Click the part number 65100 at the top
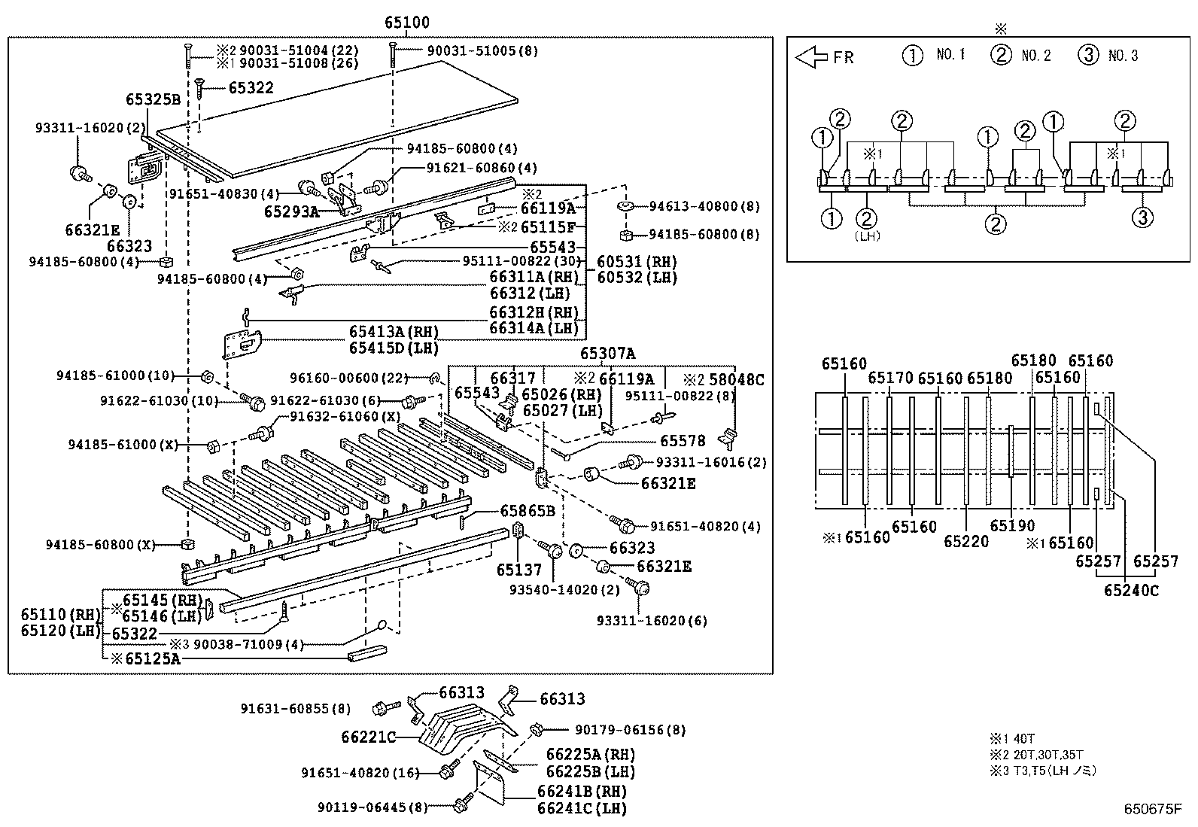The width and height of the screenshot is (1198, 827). click(x=407, y=23)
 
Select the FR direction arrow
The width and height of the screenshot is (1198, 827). click(x=811, y=56)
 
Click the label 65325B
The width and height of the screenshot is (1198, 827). click(x=153, y=99)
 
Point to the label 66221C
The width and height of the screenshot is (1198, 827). click(x=368, y=737)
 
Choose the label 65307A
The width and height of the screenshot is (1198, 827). click(x=607, y=354)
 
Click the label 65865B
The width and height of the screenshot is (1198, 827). click(x=528, y=512)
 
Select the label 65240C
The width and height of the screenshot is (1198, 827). click(x=1131, y=591)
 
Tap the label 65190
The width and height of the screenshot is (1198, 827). click(x=1012, y=526)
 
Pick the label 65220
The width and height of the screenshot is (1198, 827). click(x=966, y=540)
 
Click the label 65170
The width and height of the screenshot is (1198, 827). click(x=890, y=378)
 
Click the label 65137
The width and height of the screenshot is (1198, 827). click(x=518, y=570)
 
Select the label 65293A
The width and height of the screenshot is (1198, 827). click(x=291, y=212)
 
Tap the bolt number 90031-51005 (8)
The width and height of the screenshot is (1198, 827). click(x=482, y=51)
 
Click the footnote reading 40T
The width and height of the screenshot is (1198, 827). click(x=1024, y=739)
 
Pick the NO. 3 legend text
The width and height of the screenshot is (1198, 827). click(x=1123, y=56)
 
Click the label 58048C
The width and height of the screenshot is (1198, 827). click(x=736, y=380)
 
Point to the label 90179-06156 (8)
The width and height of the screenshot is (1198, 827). click(x=630, y=729)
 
